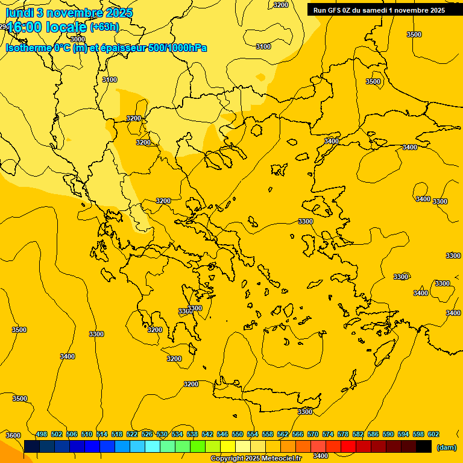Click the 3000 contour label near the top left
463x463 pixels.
coord(78,39)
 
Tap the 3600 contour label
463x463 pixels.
coord(13,435)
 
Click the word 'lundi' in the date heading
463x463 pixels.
coord(20,13)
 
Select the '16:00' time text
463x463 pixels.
coord(25,27)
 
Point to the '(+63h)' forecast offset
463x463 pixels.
coord(104,27)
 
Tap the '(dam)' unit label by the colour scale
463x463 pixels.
coord(446,447)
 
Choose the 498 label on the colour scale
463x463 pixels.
coord(42,435)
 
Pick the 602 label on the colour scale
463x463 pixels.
coord(433,435)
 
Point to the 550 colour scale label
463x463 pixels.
coord(238,435)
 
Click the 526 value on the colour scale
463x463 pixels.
coord(147,435)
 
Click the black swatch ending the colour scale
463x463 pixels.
coord(424,447)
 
